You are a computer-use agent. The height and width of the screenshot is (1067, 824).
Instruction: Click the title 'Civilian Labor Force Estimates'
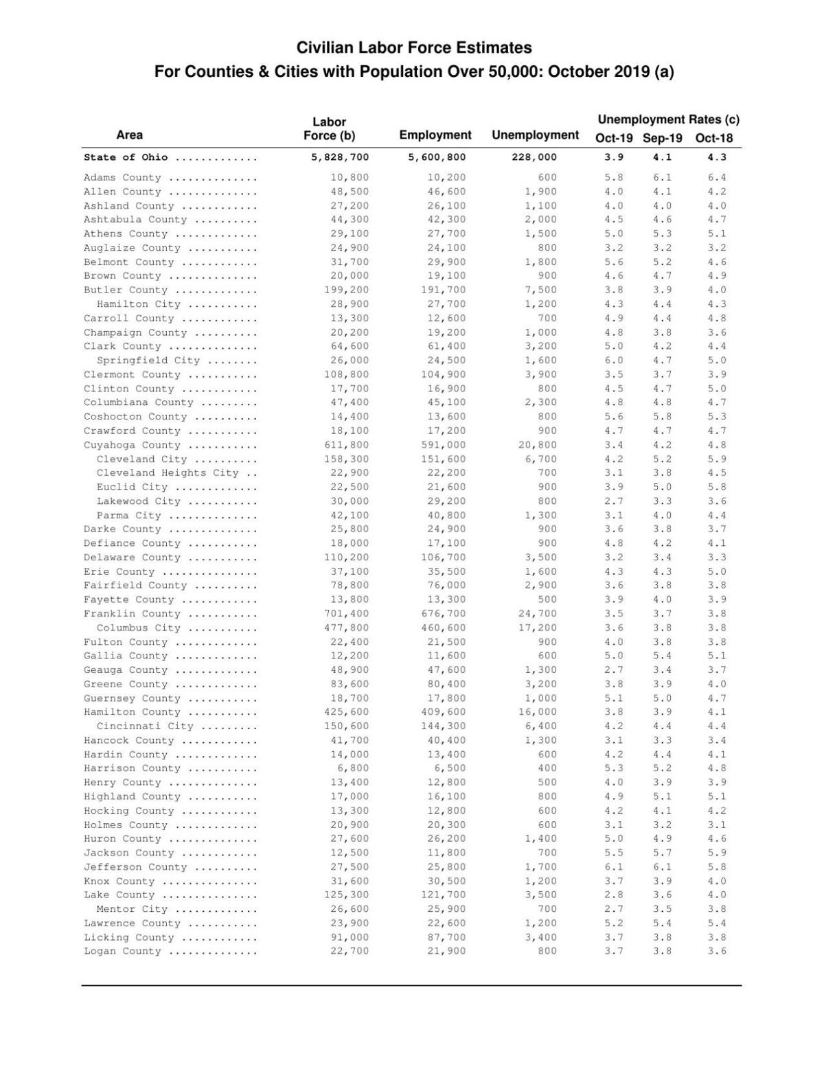click(x=414, y=48)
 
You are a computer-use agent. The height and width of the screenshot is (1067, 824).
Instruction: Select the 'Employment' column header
click(x=435, y=135)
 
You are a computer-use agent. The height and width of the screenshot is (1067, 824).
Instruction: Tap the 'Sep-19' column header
click(x=663, y=138)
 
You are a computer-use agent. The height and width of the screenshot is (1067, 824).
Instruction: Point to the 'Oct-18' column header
click(x=714, y=138)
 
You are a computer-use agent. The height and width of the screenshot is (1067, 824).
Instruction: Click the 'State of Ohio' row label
click(x=126, y=157)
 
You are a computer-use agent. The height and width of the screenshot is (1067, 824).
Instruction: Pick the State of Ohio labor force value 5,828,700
click(x=340, y=157)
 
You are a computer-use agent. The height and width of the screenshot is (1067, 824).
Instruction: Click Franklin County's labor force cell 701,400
click(x=346, y=614)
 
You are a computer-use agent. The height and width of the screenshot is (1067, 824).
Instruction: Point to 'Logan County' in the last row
click(x=122, y=951)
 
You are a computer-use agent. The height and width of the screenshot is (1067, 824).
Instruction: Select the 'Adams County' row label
click(x=122, y=177)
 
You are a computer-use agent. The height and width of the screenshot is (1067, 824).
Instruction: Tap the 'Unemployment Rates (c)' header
click(x=668, y=119)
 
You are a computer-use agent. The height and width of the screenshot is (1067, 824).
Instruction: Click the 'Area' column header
click(x=129, y=135)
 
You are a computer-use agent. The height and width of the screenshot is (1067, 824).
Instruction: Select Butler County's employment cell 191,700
click(x=443, y=290)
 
